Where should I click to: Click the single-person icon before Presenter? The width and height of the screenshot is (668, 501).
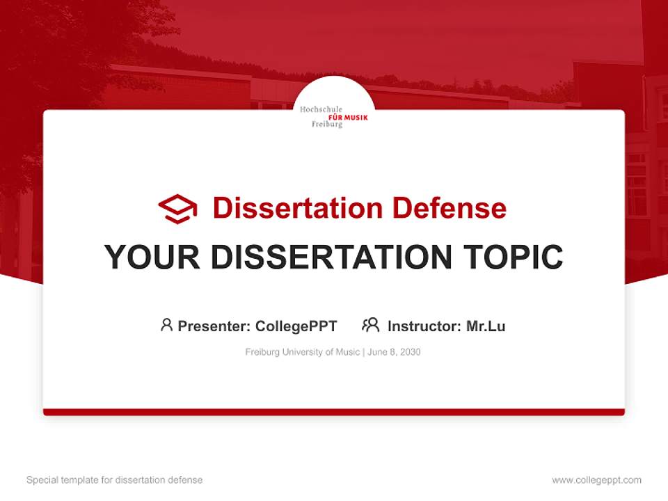166,325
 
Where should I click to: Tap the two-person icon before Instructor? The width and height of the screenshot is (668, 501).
370,325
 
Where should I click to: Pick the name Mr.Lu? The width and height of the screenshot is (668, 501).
486,326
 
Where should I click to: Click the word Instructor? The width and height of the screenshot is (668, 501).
424,326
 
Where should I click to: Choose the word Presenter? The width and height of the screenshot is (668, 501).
214,326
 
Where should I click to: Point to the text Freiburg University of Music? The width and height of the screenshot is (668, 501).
301,352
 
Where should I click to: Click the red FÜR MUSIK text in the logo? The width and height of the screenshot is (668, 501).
348,117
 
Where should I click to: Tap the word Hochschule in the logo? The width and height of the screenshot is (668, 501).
321,109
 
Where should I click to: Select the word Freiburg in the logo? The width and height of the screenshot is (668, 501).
327,125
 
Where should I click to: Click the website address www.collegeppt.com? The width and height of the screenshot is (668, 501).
596,480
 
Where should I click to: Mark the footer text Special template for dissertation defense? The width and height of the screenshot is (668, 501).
114,480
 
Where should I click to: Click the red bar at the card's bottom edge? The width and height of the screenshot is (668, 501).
334,412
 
